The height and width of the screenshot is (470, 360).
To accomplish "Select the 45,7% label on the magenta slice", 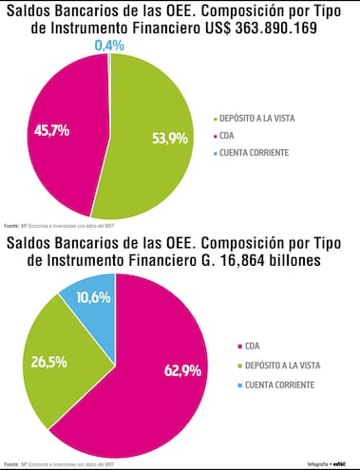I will click(51, 130).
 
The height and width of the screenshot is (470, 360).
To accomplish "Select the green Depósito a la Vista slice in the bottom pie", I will click(57, 356).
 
